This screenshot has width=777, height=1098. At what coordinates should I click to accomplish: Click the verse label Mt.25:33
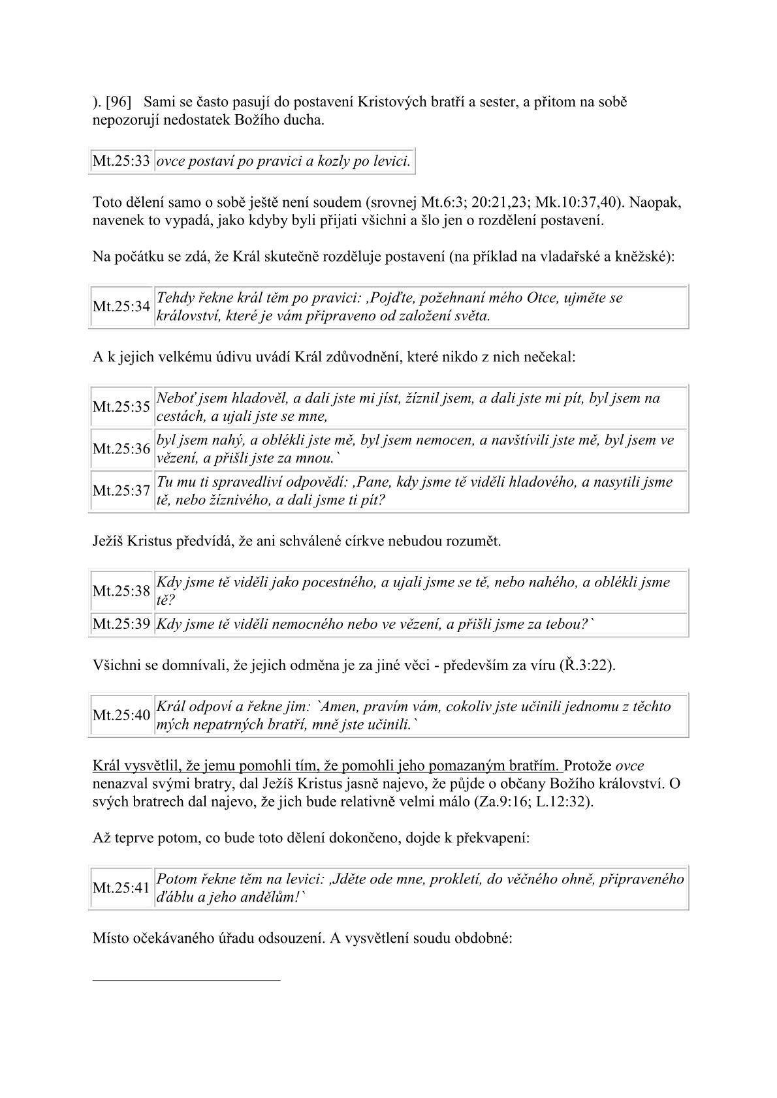[121, 161]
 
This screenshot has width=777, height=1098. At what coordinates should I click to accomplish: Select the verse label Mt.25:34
[121, 307]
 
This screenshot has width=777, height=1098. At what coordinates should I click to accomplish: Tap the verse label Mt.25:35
[121, 407]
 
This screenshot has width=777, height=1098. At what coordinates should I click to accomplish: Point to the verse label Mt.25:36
[121, 449]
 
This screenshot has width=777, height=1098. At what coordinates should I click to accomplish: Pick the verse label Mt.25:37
[121, 491]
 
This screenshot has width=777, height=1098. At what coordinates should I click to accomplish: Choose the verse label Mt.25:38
[121, 591]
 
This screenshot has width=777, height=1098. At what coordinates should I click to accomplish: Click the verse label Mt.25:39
[121, 624]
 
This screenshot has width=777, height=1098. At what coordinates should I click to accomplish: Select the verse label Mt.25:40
[121, 715]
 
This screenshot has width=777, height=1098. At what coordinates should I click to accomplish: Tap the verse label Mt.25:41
[121, 888]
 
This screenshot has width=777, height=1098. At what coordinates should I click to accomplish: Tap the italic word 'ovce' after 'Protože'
[630, 766]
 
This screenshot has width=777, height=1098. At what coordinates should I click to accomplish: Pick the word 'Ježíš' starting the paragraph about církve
[108, 541]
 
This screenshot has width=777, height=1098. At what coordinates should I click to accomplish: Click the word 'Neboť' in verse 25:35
[176, 399]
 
